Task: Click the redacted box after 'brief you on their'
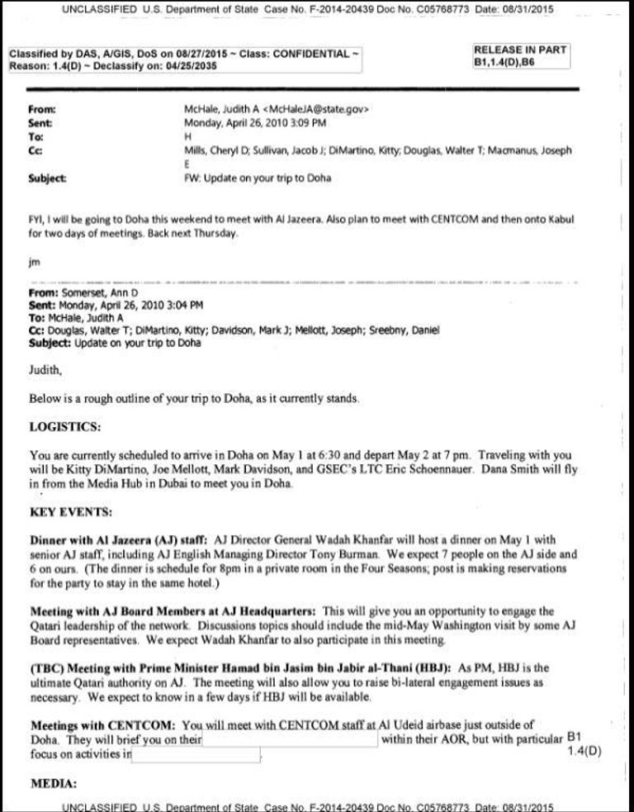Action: click(x=290, y=739)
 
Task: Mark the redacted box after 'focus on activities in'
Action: click(x=196, y=754)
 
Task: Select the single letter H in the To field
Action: click(x=187, y=136)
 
